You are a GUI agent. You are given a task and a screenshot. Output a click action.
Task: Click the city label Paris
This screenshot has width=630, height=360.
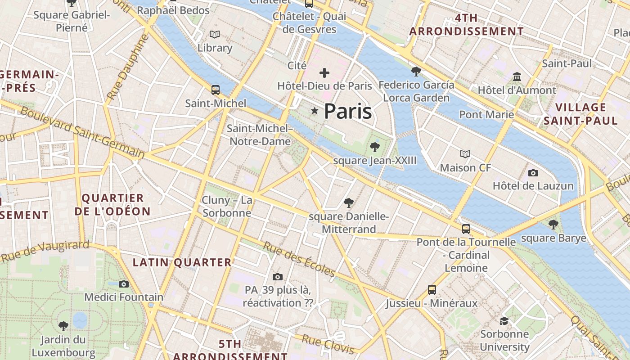tap(347, 111)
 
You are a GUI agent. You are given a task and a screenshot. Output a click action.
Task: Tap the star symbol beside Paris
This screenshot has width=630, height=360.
tap(315, 111)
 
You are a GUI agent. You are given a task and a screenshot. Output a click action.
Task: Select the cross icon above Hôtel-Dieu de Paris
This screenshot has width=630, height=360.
tap(324, 72)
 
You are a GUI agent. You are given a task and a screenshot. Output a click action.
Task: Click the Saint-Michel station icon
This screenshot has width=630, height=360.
tap(216, 90)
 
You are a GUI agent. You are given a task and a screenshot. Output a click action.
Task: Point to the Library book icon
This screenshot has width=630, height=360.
tap(215, 34)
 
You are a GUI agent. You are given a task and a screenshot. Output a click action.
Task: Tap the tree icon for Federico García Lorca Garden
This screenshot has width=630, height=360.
tap(416, 71)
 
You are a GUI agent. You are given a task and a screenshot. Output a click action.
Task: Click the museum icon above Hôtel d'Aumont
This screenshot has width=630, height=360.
tap(517, 76)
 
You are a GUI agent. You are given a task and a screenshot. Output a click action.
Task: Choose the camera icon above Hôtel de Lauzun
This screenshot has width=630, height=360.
tap(533, 173)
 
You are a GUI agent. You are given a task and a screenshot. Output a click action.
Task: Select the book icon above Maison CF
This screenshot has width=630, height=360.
tap(465, 154)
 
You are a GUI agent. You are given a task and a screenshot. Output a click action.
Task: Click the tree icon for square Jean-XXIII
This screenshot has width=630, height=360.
tap(374, 147)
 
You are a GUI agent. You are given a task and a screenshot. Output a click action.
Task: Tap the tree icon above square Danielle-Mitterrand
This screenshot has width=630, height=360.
tap(349, 203)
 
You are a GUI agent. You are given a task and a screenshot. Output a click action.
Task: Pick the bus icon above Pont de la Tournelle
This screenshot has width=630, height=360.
tap(466, 229)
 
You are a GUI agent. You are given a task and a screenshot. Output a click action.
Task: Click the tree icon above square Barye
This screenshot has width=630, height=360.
tap(553, 224)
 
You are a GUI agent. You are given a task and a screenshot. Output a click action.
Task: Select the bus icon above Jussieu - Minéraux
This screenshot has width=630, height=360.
tap(432, 289)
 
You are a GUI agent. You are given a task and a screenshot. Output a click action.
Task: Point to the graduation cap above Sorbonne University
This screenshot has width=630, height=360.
tap(504, 321)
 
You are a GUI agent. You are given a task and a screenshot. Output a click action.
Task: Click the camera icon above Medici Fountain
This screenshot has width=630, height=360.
tap(124, 284)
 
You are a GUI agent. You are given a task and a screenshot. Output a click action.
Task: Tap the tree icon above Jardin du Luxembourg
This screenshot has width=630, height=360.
tap(63, 326)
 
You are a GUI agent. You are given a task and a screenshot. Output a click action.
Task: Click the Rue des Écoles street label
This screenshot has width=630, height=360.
tap(299, 260)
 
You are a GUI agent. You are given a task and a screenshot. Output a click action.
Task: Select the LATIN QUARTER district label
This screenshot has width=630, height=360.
tap(182, 262)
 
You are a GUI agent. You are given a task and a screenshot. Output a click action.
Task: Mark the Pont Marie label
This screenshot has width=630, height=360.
tap(486, 114)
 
